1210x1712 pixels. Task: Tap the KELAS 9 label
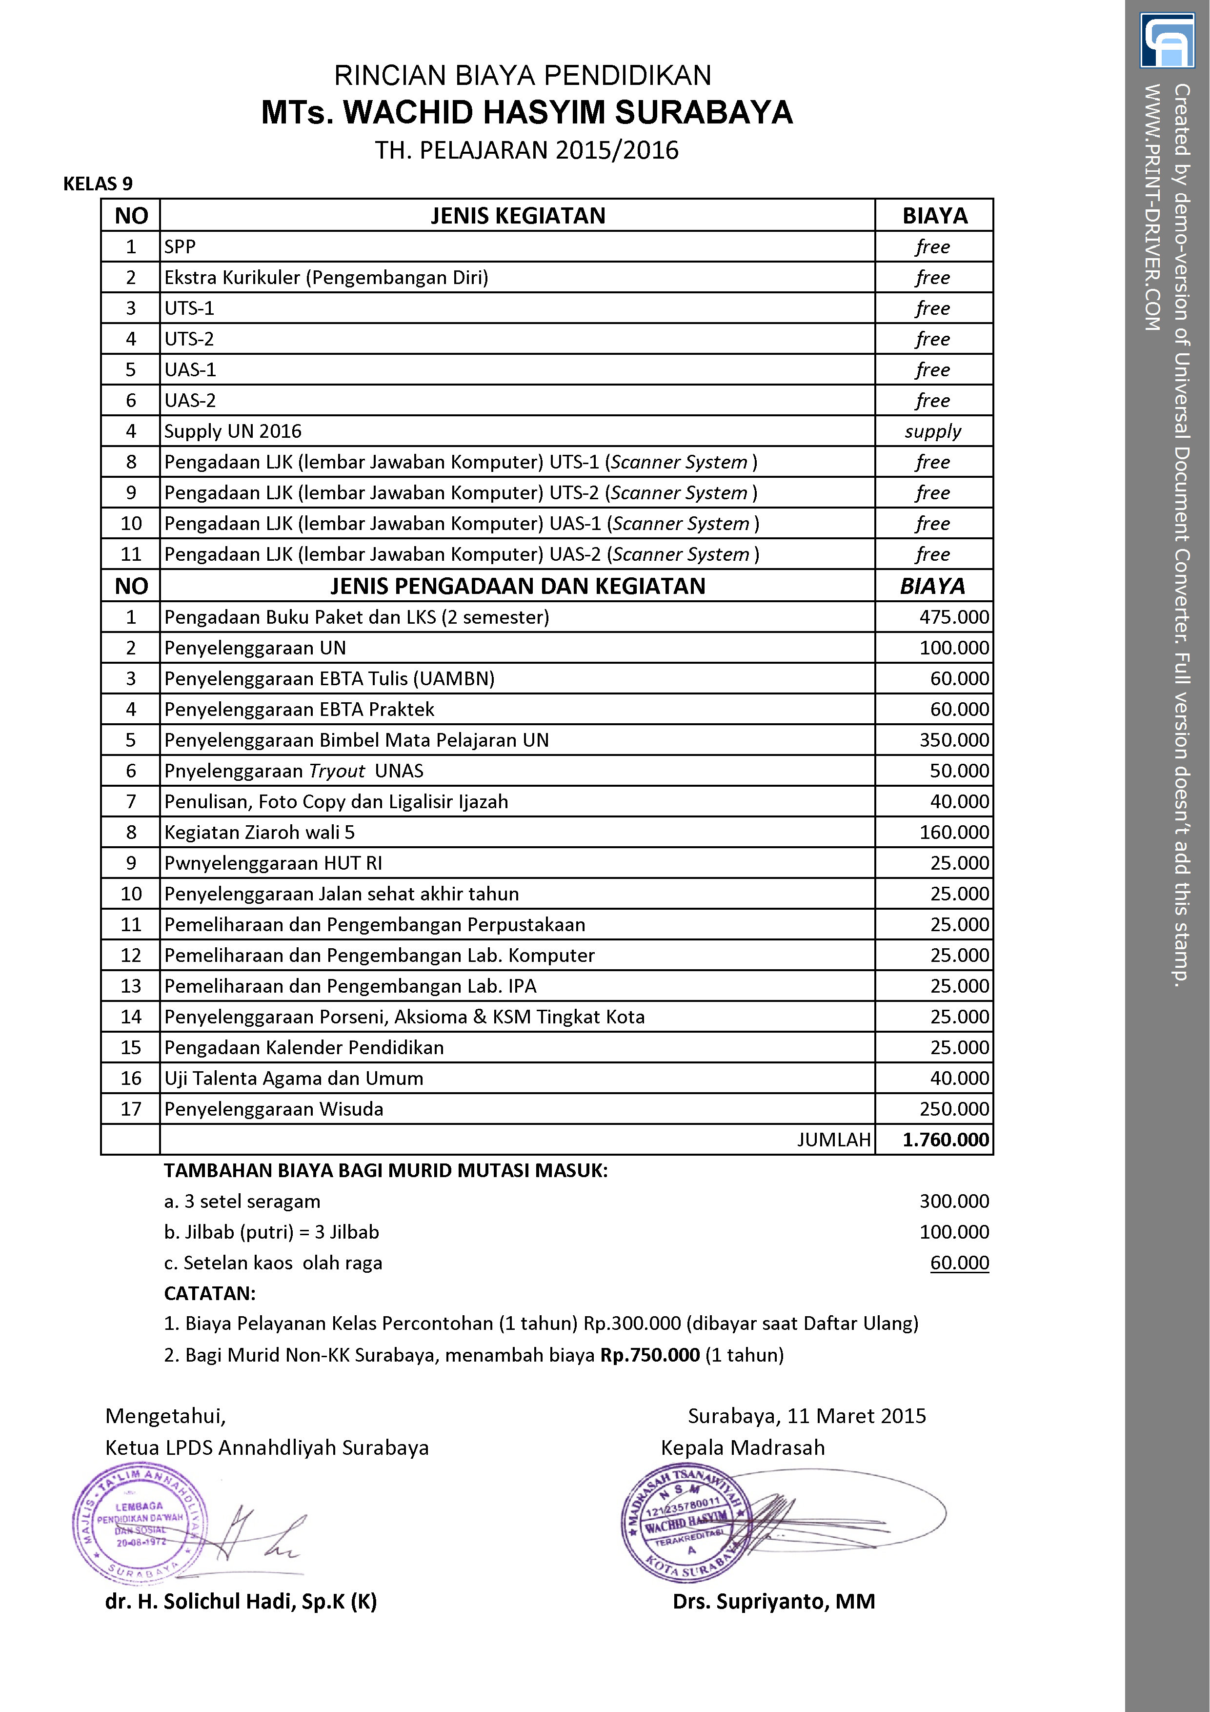pyautogui.click(x=98, y=184)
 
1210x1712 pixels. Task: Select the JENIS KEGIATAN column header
pyautogui.click(x=517, y=216)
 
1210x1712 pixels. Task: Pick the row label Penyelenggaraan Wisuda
pyautogui.click(x=274, y=1109)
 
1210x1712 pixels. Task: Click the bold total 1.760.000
pyautogui.click(x=946, y=1140)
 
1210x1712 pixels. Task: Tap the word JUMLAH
pyautogui.click(x=833, y=1140)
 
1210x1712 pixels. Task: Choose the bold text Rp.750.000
pyautogui.click(x=649, y=1355)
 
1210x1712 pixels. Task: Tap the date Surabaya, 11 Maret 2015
pyautogui.click(x=807, y=1416)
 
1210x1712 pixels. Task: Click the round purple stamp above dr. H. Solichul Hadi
pyautogui.click(x=140, y=1523)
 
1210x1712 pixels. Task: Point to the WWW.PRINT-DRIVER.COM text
pyautogui.click(x=1152, y=207)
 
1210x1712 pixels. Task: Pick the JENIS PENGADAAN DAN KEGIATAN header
pyautogui.click(x=517, y=587)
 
